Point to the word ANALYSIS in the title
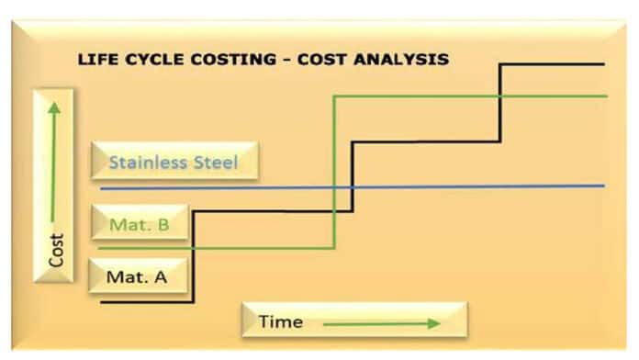coord(401,60)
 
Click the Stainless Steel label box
coord(174,161)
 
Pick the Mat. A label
coord(138,276)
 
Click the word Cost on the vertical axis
coord(56,251)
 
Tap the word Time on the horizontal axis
coord(281,321)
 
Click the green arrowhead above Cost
coord(54,107)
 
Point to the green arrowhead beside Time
coord(434,323)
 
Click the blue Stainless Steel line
coord(353,187)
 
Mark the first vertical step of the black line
coord(193,257)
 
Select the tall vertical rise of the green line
coord(334,172)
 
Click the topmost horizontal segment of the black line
coord(552,64)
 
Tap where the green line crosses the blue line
coord(334,187)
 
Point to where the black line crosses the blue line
coord(353,187)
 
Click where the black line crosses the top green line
coord(500,96)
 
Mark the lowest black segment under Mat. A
coord(147,302)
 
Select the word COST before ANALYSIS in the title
coord(323,60)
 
